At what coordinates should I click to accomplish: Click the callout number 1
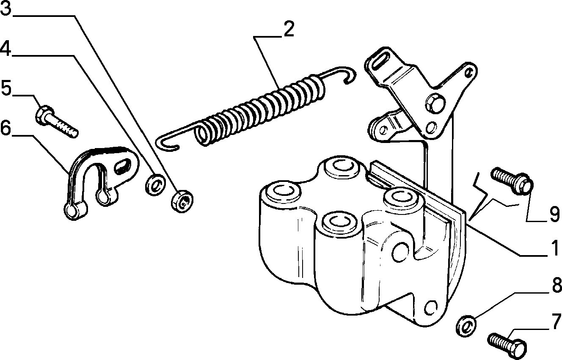pos(553,248)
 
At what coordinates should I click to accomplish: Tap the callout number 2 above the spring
pos(289,29)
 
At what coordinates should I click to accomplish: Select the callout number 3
pos(6,8)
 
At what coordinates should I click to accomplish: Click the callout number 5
pos(6,88)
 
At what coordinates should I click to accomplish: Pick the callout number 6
pos(6,128)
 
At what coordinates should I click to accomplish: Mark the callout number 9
pos(554,214)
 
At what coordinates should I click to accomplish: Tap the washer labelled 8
pos(466,326)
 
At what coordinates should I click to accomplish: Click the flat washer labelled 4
pos(155,184)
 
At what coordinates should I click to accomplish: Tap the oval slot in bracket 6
pos(123,166)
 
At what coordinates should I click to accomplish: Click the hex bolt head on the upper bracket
pos(435,103)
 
